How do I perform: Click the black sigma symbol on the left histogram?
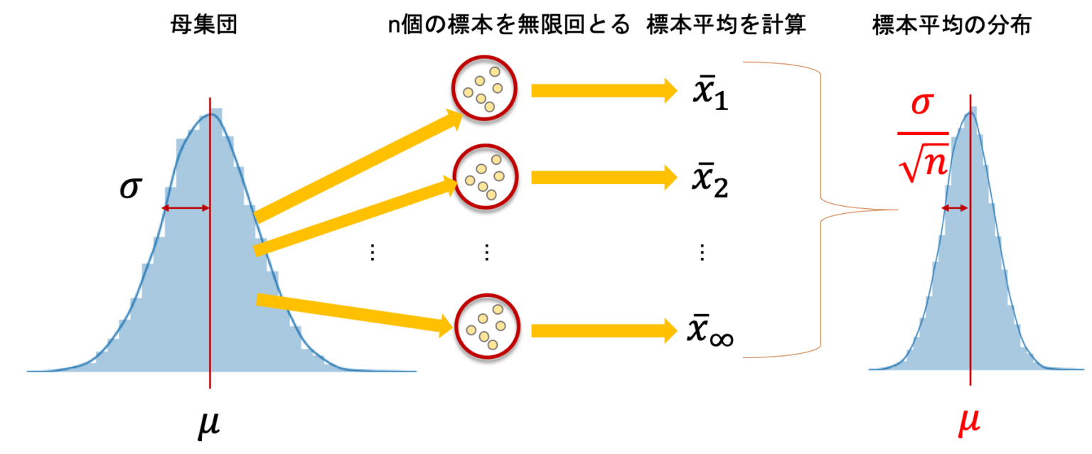coord(130,189)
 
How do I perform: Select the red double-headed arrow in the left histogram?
coord(186,208)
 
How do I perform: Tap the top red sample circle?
coord(484,88)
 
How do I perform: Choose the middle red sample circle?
coord(484,176)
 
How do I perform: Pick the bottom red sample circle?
coord(487,326)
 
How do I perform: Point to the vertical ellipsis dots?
coord(372,253)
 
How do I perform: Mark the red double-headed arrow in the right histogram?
coord(955,208)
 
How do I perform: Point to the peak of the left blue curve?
coord(210,114)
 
